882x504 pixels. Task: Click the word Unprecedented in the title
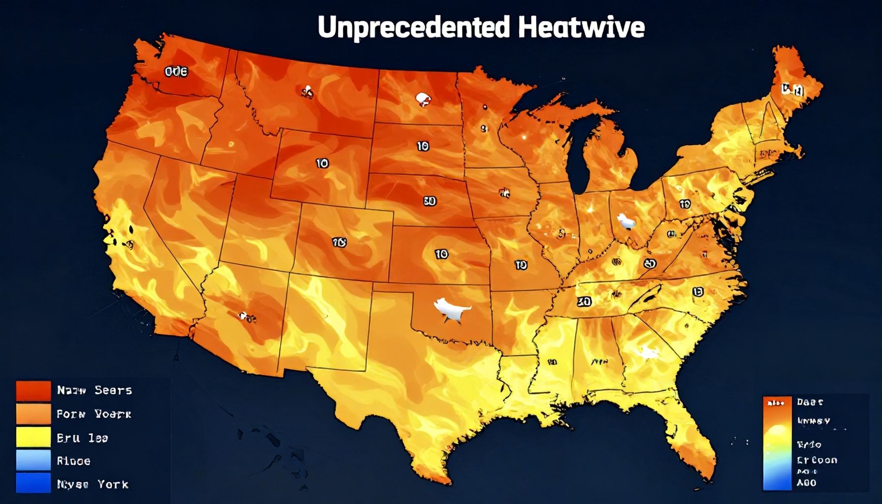tap(413, 27)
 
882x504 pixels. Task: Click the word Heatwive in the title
tap(581, 27)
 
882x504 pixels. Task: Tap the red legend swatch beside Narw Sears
tap(33, 391)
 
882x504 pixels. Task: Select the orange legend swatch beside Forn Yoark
tap(33, 414)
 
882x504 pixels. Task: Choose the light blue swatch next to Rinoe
tap(33, 461)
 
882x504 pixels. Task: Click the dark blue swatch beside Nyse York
tap(33, 483)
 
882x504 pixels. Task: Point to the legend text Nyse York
tap(93, 484)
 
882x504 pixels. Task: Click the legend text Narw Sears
tap(94, 390)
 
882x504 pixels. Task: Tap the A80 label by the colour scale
tap(806, 483)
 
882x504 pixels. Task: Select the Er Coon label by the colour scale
tap(817, 460)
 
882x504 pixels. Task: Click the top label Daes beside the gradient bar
tap(810, 402)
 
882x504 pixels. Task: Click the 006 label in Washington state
tap(176, 72)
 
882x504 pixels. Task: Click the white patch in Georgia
tap(648, 352)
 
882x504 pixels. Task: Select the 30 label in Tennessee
tap(584, 301)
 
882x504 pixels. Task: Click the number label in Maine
tap(792, 90)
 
